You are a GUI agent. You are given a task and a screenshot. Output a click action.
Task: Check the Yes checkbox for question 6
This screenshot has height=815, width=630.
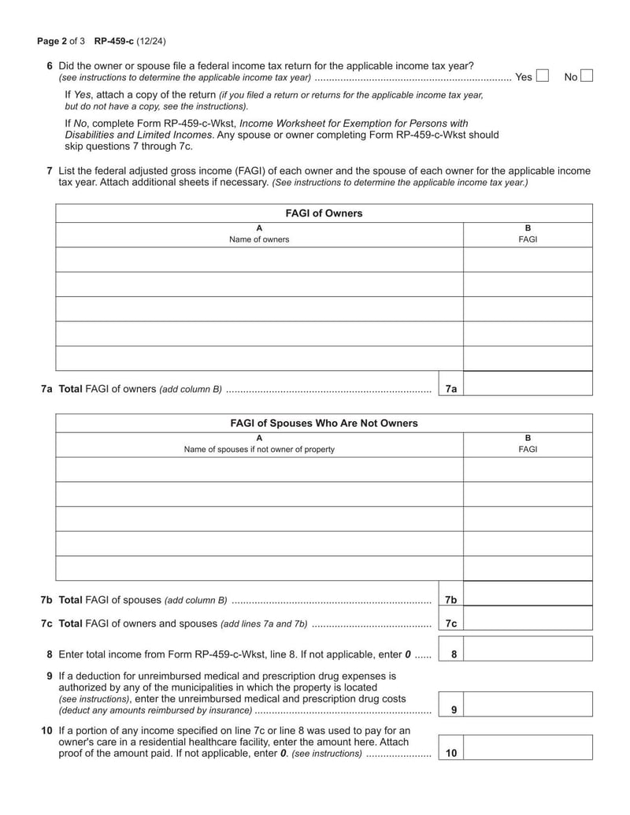[542, 76]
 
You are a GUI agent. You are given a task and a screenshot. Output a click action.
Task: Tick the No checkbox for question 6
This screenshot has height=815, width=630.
[586, 76]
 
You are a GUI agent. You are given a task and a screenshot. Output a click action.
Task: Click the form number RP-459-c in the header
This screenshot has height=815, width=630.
[114, 40]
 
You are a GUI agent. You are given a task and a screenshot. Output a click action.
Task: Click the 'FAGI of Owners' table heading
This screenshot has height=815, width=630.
[323, 213]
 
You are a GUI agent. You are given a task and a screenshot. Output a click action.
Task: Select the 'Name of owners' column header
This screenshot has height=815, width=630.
[259, 239]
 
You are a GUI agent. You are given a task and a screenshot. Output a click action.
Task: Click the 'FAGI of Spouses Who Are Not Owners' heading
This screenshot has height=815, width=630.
[323, 424]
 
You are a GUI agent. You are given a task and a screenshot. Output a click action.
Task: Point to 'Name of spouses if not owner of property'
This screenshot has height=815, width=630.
[259, 450]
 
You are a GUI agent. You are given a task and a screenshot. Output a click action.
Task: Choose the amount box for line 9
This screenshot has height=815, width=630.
[528, 704]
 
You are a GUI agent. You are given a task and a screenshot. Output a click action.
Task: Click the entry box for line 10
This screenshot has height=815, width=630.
[528, 747]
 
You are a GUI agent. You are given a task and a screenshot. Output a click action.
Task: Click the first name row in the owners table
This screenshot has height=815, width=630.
[259, 259]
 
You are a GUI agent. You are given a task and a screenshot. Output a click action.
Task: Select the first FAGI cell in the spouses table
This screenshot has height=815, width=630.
[528, 469]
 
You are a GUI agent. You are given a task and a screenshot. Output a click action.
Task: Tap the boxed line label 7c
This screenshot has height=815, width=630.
[451, 624]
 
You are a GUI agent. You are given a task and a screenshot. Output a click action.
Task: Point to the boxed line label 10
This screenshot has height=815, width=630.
[451, 754]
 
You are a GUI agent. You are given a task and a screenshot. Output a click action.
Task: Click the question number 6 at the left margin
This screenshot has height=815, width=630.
[50, 65]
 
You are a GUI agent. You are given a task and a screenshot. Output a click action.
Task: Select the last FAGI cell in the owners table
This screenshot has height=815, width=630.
[528, 358]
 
